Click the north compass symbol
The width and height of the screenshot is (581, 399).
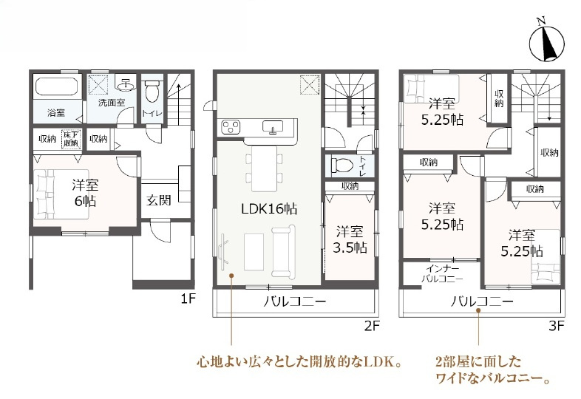(x=547, y=42)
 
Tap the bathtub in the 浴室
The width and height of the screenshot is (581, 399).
(x=56, y=87)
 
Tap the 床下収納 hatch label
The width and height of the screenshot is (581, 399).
(x=71, y=138)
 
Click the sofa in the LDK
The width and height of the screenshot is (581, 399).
(x=284, y=249)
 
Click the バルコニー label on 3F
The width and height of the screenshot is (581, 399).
(x=481, y=301)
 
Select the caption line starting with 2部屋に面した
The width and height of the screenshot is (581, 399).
(x=478, y=362)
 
